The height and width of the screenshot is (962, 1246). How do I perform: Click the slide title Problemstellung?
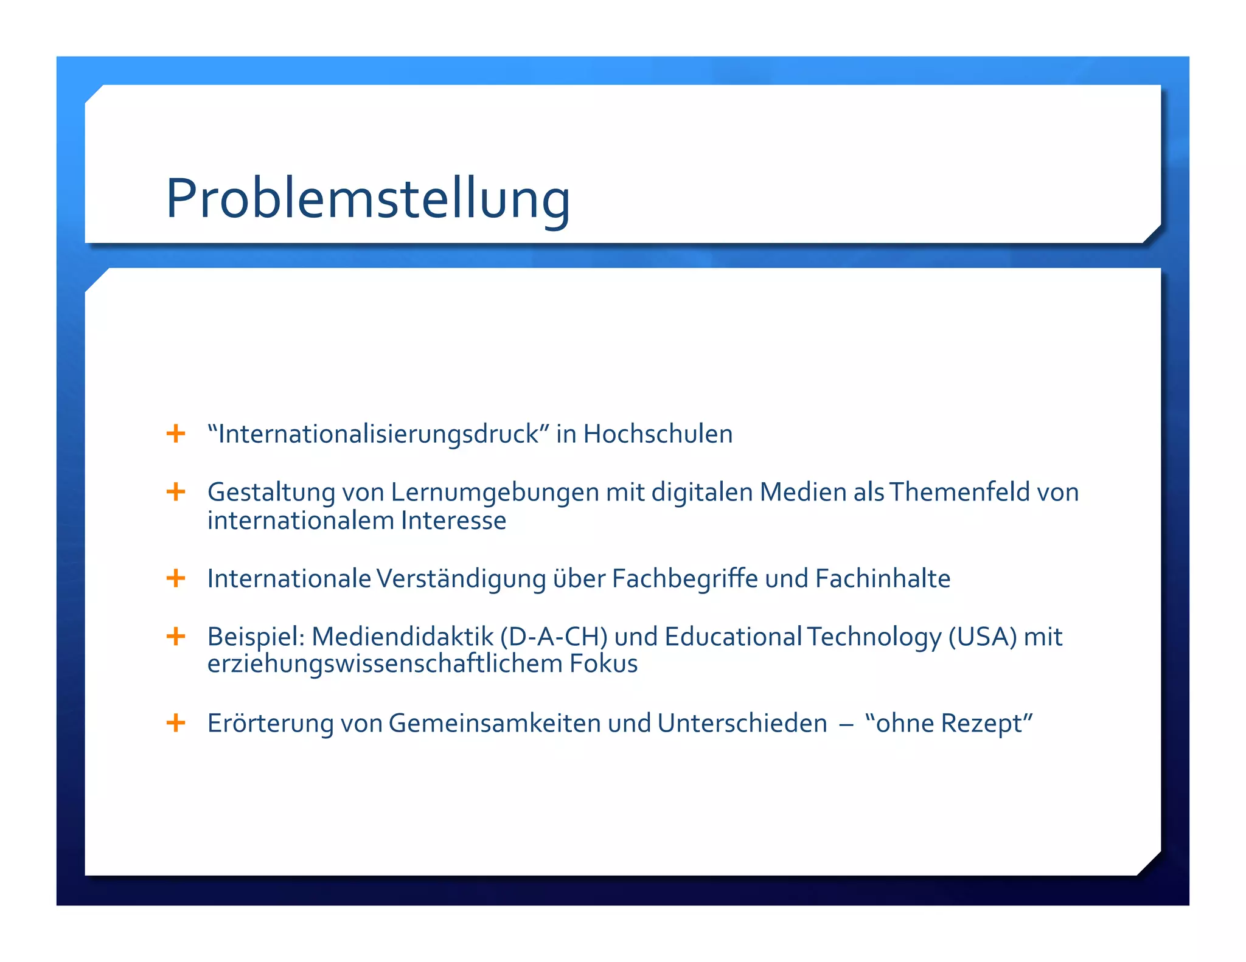(368, 198)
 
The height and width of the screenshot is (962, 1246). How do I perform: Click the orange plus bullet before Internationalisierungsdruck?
(176, 434)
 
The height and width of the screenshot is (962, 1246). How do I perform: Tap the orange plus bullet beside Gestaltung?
(176, 491)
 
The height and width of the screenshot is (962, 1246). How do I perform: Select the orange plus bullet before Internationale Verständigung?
(176, 578)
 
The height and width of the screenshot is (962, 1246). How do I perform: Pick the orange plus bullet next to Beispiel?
(176, 636)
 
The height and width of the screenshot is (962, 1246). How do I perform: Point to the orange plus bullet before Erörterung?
(176, 722)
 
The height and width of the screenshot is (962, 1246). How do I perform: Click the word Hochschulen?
(658, 434)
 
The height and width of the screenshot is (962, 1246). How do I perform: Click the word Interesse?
(453, 521)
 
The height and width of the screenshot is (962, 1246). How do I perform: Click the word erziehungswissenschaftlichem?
(385, 663)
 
